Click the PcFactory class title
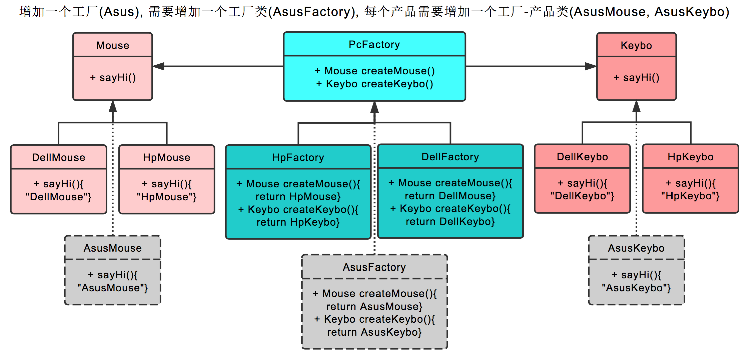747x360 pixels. tap(374, 44)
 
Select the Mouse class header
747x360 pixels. tap(113, 45)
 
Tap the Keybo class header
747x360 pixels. tap(636, 45)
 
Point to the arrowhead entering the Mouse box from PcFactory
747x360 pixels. tap(158, 66)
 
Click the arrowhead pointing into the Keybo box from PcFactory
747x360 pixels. tap(591, 66)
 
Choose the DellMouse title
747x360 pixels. tap(58, 157)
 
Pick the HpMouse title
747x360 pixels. tap(166, 157)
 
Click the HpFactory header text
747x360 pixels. tap(298, 157)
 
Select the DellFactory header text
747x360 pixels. tap(450, 157)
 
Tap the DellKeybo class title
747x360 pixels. tap(582, 157)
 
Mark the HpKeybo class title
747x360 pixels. tap(690, 157)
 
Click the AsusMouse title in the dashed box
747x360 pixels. tap(113, 248)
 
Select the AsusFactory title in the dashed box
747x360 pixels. tap(374, 267)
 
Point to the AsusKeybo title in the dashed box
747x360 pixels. tap(636, 248)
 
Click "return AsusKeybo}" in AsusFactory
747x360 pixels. tap(374, 332)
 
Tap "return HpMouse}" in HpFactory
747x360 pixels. tap(298, 196)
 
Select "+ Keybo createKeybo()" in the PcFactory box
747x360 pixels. tap(374, 84)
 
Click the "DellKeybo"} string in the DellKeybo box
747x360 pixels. tap(582, 196)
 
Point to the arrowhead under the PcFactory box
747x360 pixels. tap(375, 107)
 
